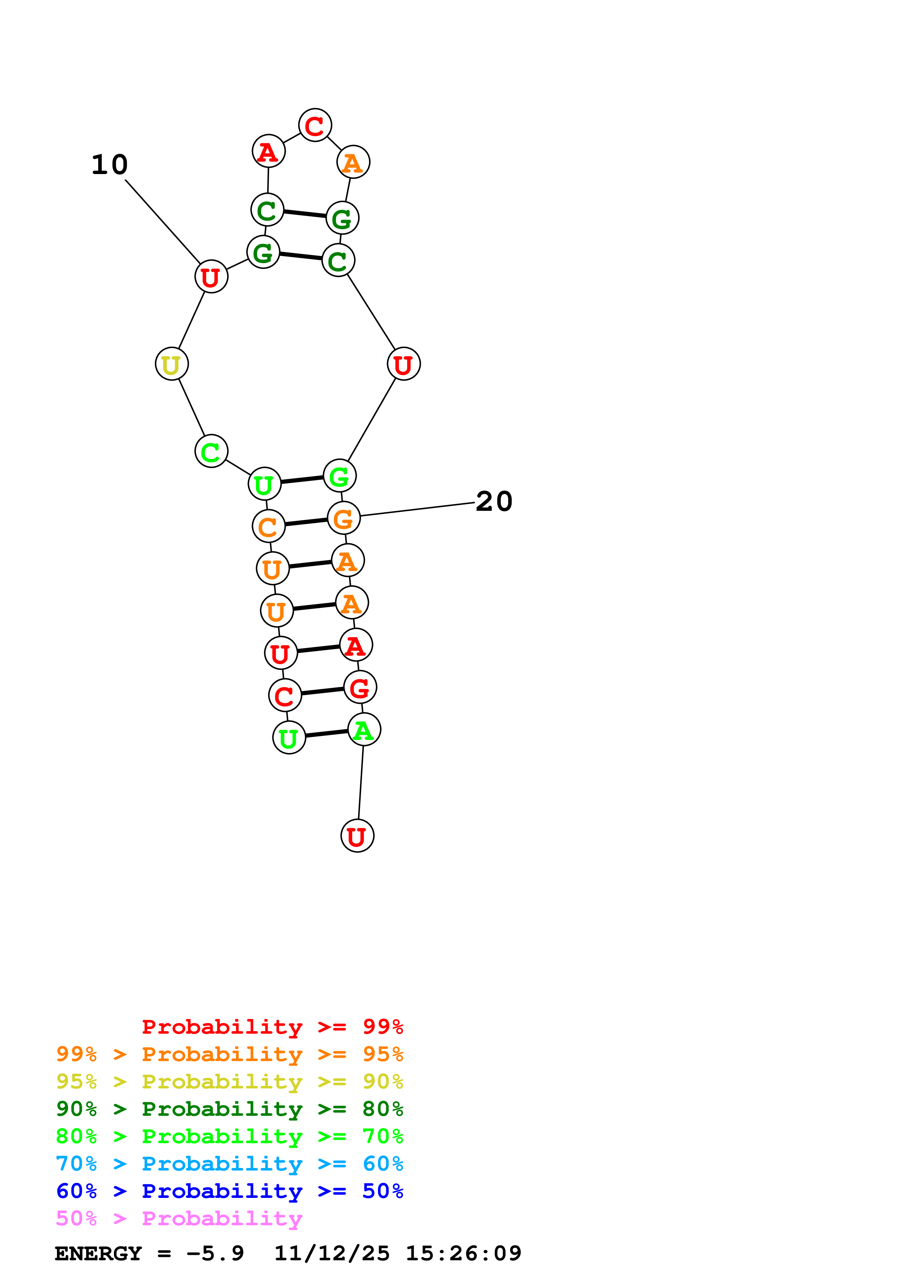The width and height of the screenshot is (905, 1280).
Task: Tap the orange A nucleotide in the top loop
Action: (x=353, y=162)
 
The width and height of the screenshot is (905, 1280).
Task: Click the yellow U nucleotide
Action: (x=172, y=364)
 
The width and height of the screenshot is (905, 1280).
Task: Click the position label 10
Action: (x=110, y=165)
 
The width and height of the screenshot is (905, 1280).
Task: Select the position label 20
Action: (x=494, y=501)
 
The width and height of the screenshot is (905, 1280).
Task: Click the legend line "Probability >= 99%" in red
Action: (x=272, y=1026)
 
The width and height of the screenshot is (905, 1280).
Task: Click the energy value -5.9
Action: (x=215, y=1253)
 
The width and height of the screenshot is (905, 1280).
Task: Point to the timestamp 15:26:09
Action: (x=463, y=1253)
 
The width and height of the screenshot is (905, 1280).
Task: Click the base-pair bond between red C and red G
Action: (x=322, y=691)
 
